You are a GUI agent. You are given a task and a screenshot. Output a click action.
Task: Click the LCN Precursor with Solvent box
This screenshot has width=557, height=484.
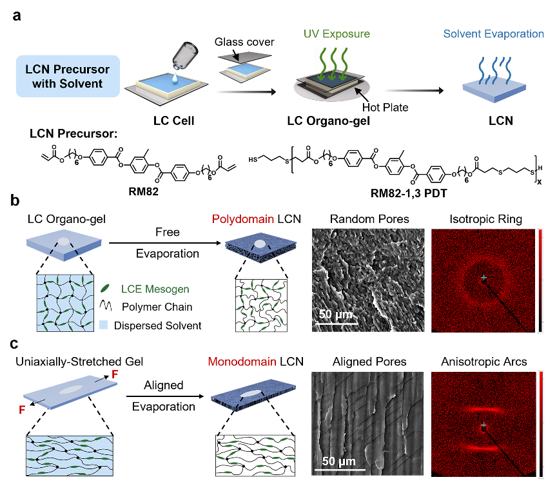(x=68, y=76)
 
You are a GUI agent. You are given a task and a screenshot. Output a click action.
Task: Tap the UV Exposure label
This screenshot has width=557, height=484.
(x=337, y=34)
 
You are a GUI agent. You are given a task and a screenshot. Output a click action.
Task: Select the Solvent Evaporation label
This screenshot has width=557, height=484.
(x=493, y=34)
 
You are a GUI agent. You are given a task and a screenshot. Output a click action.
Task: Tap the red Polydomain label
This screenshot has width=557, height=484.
(x=243, y=220)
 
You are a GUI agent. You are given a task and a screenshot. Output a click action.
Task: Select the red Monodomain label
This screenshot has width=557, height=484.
(x=242, y=362)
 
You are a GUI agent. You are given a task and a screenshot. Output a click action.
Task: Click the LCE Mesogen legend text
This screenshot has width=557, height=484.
(x=155, y=289)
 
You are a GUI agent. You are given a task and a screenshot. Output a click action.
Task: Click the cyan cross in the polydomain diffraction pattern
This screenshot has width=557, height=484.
(x=484, y=277)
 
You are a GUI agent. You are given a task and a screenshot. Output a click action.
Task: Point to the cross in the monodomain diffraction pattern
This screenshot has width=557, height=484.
(x=483, y=426)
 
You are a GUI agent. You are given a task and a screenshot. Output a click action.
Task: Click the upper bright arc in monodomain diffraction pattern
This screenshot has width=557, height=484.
(x=482, y=409)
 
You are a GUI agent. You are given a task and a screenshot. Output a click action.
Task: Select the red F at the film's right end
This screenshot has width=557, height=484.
(x=115, y=374)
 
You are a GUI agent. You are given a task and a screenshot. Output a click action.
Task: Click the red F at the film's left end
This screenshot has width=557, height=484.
(x=23, y=409)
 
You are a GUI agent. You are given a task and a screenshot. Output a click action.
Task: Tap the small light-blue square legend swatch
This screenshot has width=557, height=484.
(x=103, y=325)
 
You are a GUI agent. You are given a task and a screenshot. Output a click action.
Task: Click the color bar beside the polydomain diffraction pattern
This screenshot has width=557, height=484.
(x=540, y=280)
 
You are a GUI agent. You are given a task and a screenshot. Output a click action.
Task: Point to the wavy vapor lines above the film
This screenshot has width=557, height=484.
(x=493, y=69)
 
